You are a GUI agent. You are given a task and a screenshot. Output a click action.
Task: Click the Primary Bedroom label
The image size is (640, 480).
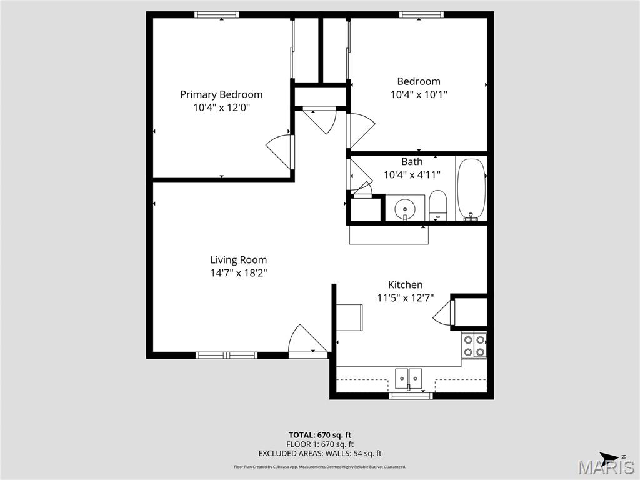pyautogui.click(x=221, y=94)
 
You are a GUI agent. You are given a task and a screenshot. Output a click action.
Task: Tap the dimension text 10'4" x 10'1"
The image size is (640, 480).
pyautogui.click(x=418, y=94)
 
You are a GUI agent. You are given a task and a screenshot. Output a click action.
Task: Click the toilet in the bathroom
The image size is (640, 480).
pyautogui.click(x=438, y=205)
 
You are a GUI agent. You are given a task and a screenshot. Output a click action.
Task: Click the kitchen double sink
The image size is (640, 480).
pyautogui.click(x=408, y=377)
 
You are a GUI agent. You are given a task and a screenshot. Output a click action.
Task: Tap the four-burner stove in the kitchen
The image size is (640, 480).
pyautogui.click(x=474, y=346)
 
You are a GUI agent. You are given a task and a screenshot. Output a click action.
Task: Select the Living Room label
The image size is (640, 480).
pyautogui.click(x=238, y=260)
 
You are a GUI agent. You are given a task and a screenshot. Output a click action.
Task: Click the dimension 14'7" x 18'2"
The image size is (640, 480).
pyautogui.click(x=238, y=273)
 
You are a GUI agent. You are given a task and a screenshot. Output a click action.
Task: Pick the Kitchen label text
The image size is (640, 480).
pyautogui.click(x=405, y=285)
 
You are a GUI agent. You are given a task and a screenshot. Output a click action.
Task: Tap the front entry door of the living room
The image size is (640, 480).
pyautogui.click(x=306, y=341)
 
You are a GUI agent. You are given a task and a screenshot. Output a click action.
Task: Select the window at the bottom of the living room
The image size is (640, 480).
pyautogui.click(x=226, y=355)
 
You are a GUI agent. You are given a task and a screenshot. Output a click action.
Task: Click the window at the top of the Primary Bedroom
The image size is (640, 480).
pyautogui.click(x=216, y=15)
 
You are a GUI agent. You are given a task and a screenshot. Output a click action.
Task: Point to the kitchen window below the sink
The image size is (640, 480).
pyautogui.click(x=411, y=396)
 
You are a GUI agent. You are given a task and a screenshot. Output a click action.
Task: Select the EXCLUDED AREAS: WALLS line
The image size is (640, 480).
pyautogui.click(x=319, y=454)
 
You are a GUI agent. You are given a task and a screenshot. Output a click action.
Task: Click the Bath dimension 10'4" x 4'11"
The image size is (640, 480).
pyautogui.click(x=412, y=175)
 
